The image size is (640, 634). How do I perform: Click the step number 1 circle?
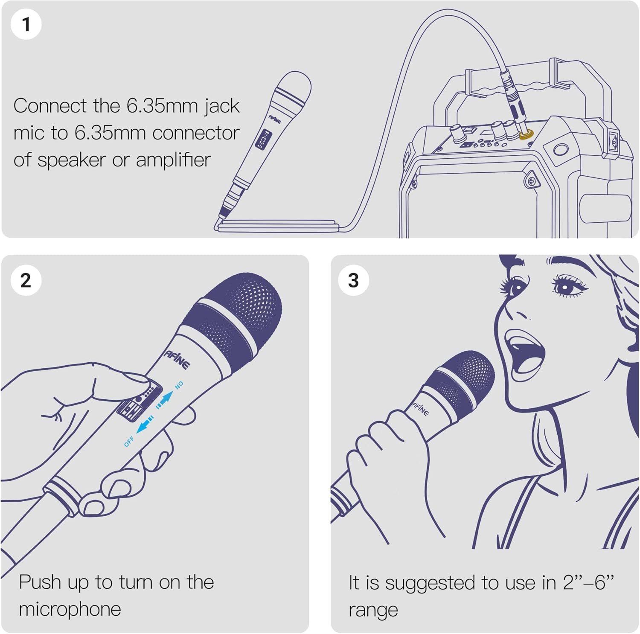pyautogui.click(x=26, y=24)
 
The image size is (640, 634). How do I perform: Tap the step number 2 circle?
pyautogui.click(x=26, y=280)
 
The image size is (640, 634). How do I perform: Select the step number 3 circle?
pyautogui.click(x=353, y=280)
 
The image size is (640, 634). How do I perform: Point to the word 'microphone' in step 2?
pyautogui.click(x=70, y=609)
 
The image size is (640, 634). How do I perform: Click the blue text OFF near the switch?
pyautogui.click(x=129, y=441)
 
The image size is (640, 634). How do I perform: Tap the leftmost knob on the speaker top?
pyautogui.click(x=457, y=133)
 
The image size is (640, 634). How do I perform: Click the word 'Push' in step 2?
pyautogui.click(x=40, y=582)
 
